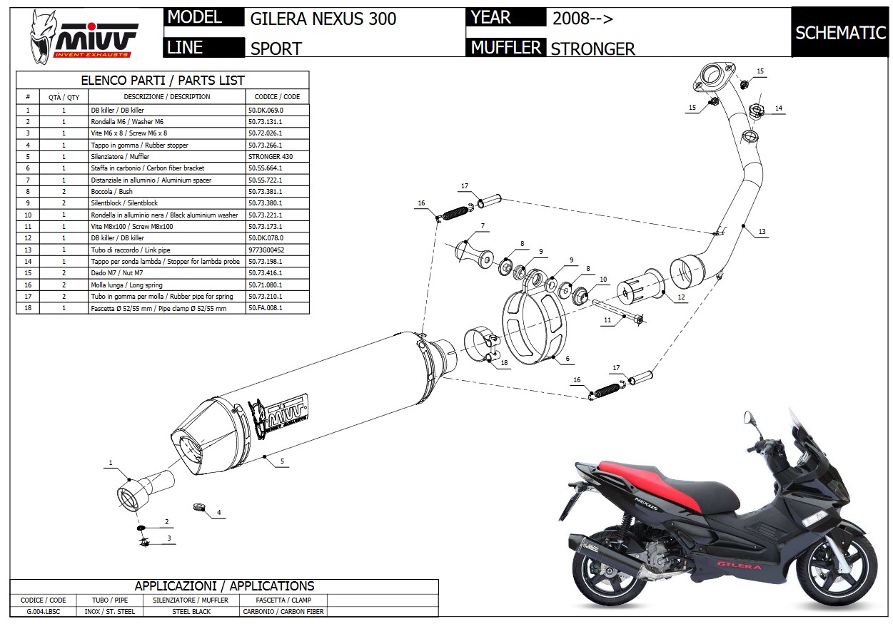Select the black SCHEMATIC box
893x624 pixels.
click(x=840, y=33)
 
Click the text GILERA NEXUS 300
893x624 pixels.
click(x=323, y=19)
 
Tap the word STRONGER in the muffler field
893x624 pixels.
click(x=592, y=48)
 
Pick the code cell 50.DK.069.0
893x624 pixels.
click(x=266, y=111)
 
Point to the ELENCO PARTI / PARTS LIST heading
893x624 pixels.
click(x=163, y=81)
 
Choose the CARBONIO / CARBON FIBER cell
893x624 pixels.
click(x=283, y=611)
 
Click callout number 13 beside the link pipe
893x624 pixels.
click(x=762, y=232)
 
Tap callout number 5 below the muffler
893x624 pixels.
click(x=282, y=461)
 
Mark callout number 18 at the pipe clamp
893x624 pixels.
click(x=504, y=363)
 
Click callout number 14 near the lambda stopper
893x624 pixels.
click(x=778, y=108)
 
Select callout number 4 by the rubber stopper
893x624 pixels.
click(x=219, y=512)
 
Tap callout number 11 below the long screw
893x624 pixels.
click(x=607, y=321)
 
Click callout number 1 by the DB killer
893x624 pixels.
click(x=111, y=464)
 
